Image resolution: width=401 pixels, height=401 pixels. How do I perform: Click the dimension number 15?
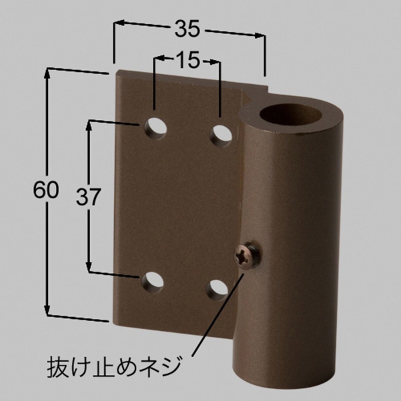[187, 60]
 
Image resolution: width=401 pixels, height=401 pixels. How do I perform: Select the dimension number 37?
[89, 197]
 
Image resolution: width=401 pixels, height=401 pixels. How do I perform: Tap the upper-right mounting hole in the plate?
[221, 135]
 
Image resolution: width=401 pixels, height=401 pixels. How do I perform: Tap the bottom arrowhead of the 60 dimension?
[48, 310]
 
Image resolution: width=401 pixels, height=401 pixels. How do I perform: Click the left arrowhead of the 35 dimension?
[118, 22]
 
